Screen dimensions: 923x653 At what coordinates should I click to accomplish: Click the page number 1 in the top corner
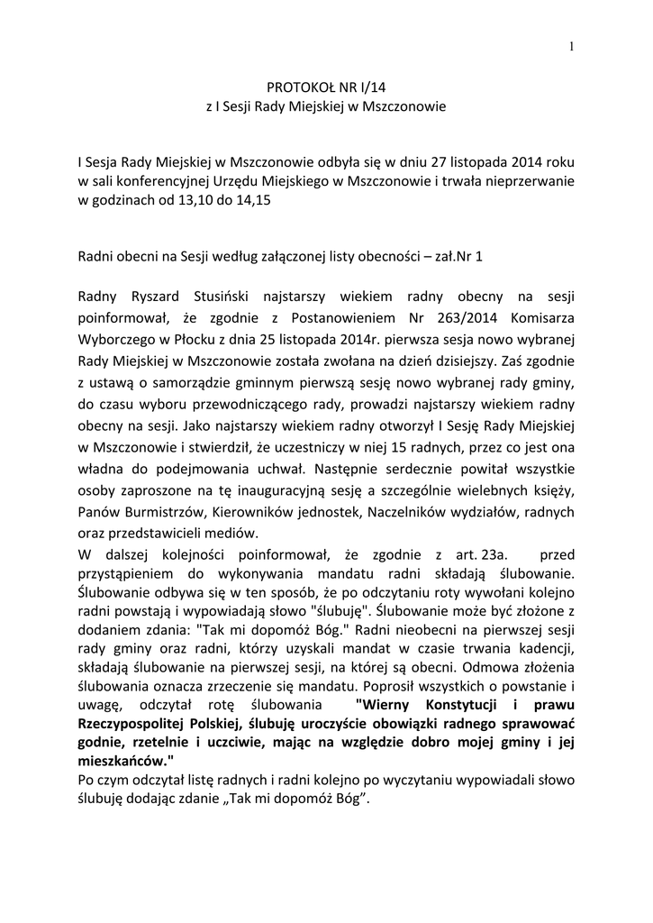[572, 48]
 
